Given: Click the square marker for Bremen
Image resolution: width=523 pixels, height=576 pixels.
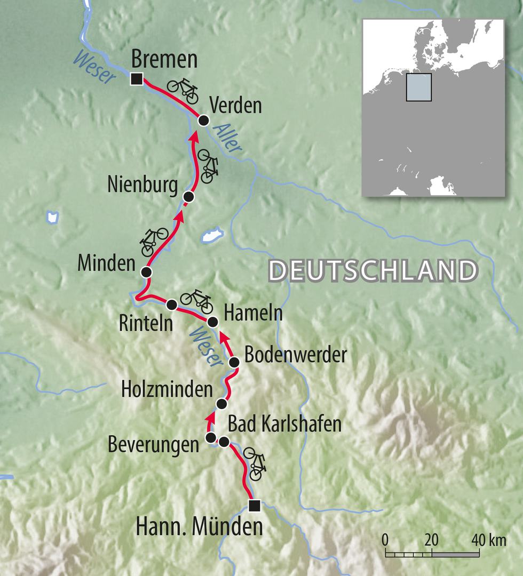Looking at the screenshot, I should (x=137, y=79).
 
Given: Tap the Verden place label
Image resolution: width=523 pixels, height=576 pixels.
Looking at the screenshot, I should (x=235, y=106).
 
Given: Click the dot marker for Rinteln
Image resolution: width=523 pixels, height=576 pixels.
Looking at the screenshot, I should (x=172, y=305).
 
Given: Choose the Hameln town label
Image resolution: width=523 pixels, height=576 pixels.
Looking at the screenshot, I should (x=252, y=314).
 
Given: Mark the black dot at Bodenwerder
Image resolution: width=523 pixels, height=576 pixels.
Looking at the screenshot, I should (x=234, y=363).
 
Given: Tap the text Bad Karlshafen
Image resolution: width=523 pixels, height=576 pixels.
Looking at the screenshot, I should (x=284, y=425).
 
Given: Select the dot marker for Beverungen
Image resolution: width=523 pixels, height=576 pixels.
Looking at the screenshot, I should (x=211, y=438).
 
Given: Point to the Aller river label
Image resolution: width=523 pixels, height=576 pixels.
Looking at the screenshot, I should (x=228, y=140).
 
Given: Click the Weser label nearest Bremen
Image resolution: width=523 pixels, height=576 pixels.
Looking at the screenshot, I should (x=97, y=68).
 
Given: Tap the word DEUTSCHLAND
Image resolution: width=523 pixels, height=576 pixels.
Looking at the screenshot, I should (x=373, y=271).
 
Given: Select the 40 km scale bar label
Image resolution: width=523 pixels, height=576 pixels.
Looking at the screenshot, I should (x=488, y=540).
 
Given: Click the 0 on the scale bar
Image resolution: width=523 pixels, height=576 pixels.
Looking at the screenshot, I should (x=385, y=540).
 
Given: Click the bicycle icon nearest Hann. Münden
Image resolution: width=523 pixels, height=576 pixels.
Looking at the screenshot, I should (x=255, y=462).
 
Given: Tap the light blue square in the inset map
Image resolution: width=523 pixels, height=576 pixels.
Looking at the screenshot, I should (x=418, y=87).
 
